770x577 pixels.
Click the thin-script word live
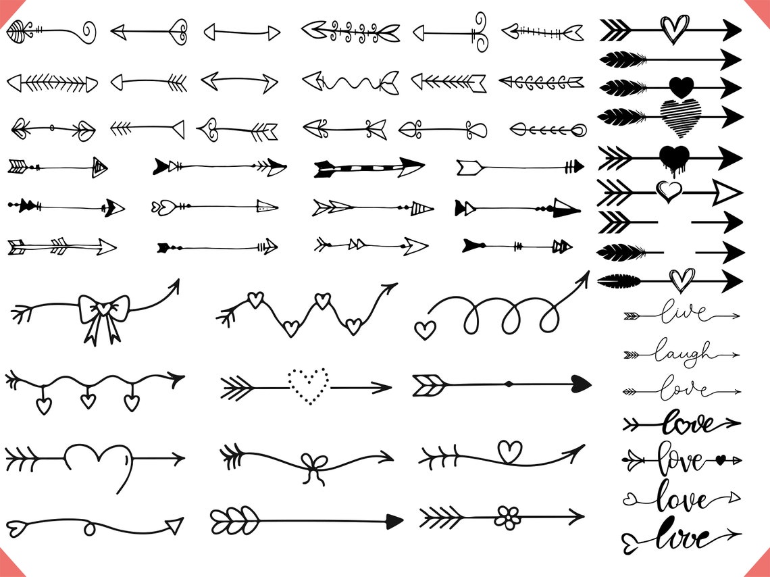(x=684, y=314)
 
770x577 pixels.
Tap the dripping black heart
(x=673, y=157)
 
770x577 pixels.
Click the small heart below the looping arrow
(x=424, y=330)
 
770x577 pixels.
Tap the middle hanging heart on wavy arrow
(x=88, y=401)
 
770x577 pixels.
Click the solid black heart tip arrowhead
(x=580, y=384)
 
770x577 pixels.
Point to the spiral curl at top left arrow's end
(x=88, y=31)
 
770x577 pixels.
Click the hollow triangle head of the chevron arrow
(x=727, y=193)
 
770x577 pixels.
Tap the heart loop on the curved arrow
(x=509, y=451)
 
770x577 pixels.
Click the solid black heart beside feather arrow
(x=681, y=87)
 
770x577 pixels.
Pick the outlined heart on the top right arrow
(x=673, y=28)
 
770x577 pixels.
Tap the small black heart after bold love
(x=720, y=460)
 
